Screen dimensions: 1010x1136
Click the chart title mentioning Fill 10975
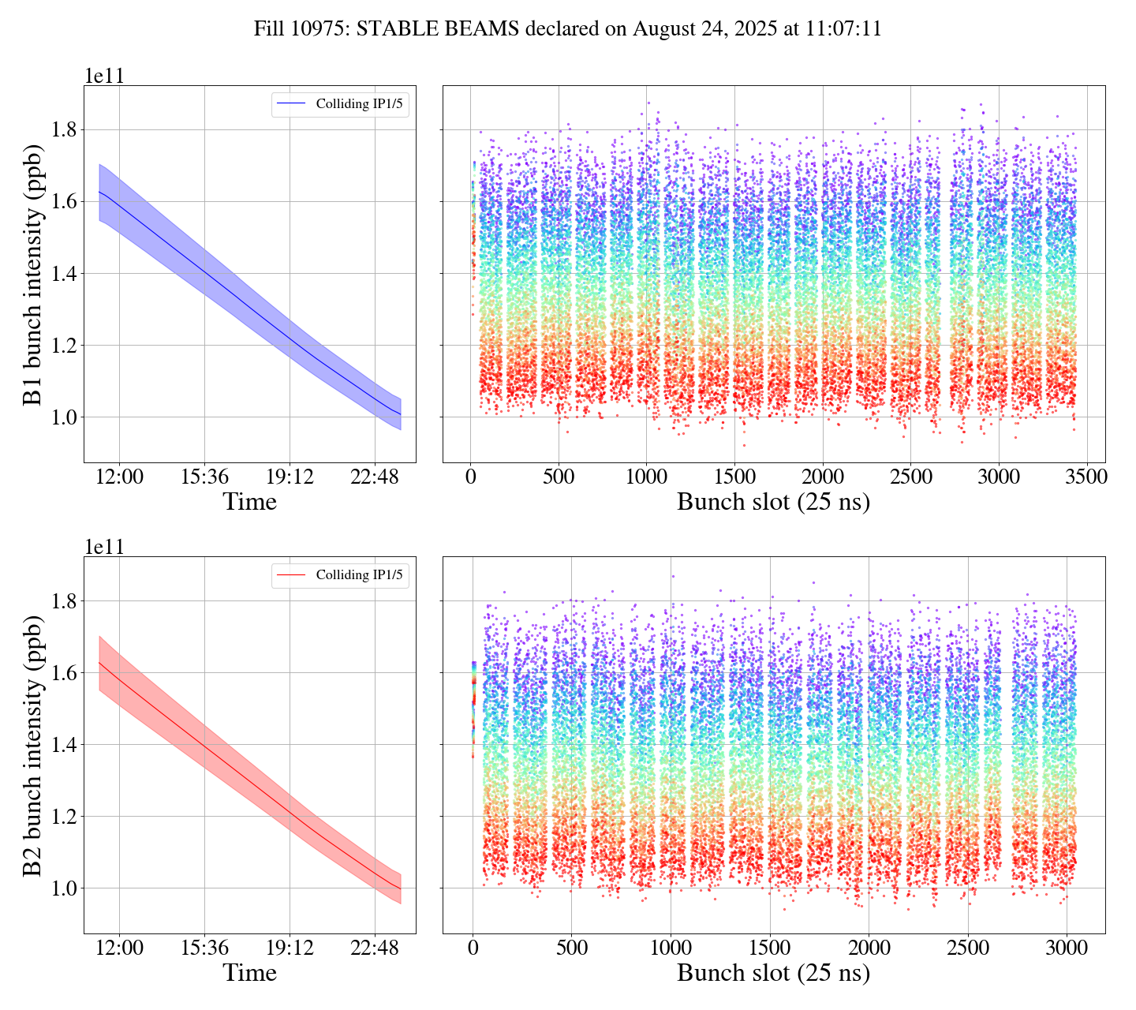tap(567, 29)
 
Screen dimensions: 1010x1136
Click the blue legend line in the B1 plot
tap(292, 104)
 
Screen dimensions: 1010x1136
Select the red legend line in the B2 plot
tap(292, 575)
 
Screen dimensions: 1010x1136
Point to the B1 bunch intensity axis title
tap(33, 274)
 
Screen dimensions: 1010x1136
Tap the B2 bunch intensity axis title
tap(33, 745)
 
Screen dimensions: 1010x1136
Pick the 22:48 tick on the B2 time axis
tap(374, 948)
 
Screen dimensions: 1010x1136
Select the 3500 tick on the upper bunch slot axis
tap(1086, 477)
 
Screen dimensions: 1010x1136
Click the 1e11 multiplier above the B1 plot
tap(104, 76)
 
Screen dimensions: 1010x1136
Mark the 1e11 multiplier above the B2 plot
tap(104, 547)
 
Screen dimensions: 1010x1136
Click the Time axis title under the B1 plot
tap(249, 502)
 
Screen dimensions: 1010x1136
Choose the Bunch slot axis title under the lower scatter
tap(773, 973)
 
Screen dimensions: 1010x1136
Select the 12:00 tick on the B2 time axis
tap(119, 948)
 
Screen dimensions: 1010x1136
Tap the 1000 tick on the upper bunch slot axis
tap(646, 477)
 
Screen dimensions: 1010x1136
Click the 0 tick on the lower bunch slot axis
tap(473, 948)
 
